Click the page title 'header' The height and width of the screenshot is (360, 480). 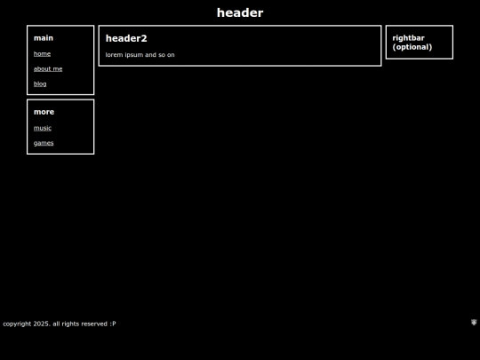pos(240,12)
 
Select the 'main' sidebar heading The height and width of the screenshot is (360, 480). pos(44,38)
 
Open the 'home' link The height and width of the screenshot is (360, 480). pos(42,54)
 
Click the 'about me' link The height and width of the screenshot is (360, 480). pos(48,68)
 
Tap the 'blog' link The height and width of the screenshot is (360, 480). pos(40,84)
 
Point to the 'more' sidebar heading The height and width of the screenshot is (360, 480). pos(44,112)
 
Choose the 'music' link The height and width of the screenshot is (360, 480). pos(43,128)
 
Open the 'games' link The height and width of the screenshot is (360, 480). pos(44,143)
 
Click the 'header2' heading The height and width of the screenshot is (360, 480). pos(126,38)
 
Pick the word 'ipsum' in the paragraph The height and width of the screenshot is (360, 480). pos(134,55)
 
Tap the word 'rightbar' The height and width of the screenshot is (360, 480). pos(408,38)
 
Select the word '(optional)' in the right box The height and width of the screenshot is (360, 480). pos(412,47)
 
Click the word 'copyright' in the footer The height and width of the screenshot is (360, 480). pos(17,324)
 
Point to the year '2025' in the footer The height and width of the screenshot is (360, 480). pos(41,324)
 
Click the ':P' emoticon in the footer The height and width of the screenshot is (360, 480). pos(113,324)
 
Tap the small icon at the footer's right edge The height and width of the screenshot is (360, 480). pos(474,322)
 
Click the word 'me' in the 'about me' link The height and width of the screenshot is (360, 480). pos(58,69)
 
